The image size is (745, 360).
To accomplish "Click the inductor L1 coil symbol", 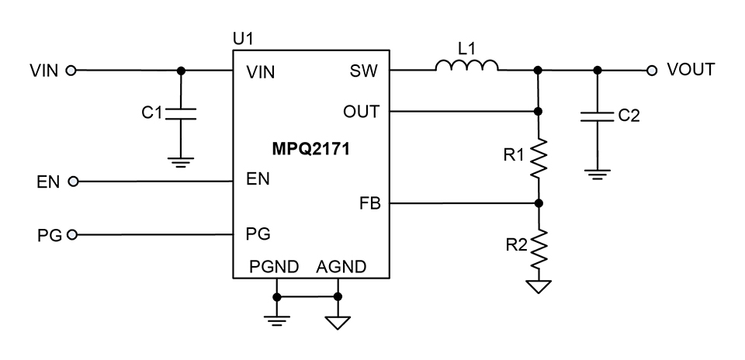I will [466, 67].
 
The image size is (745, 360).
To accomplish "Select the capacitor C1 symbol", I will [180, 114].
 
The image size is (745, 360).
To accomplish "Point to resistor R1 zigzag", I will [539, 157].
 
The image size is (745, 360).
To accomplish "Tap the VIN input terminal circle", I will [71, 71].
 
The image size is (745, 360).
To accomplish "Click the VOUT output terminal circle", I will [651, 71].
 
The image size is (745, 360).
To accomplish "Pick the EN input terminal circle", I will [74, 182].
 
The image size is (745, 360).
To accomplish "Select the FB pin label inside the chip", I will [369, 205].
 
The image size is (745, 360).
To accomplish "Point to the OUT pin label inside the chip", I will [361, 112].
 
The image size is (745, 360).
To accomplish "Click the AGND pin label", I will [341, 268].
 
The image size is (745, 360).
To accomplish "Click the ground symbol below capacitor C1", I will [180, 163].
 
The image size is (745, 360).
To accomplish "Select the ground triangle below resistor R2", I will [539, 286].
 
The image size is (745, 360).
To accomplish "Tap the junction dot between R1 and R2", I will [539, 204].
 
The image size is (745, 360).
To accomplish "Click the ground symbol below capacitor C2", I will [597, 175].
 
